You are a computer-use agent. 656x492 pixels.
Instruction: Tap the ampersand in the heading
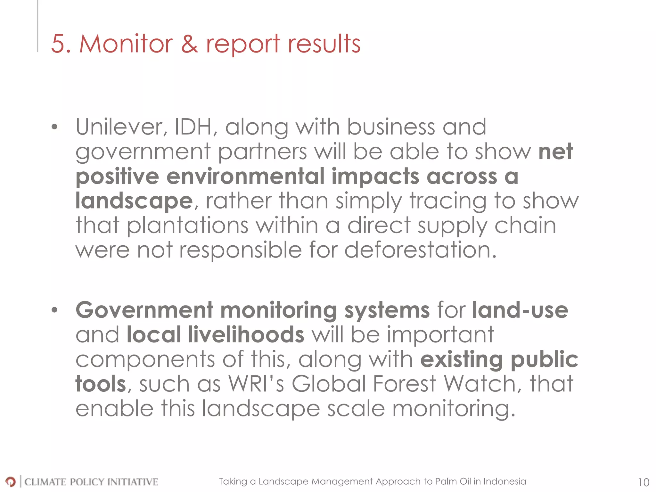(189, 44)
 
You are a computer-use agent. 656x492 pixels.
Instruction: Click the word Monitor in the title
(126, 44)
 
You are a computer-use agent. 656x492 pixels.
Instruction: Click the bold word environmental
(245, 176)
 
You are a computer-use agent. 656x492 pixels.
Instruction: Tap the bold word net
(555, 152)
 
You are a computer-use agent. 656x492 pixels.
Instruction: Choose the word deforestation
(420, 250)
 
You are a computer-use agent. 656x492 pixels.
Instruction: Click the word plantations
(188, 225)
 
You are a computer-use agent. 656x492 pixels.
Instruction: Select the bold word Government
(144, 310)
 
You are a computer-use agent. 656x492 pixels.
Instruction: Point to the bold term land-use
(520, 310)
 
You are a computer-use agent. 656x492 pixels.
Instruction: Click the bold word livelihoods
(246, 335)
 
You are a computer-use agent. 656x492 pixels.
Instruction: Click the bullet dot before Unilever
(55, 127)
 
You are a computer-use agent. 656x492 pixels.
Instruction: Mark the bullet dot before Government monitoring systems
(55, 310)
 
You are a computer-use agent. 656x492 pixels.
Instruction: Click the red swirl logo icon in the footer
(10, 481)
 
